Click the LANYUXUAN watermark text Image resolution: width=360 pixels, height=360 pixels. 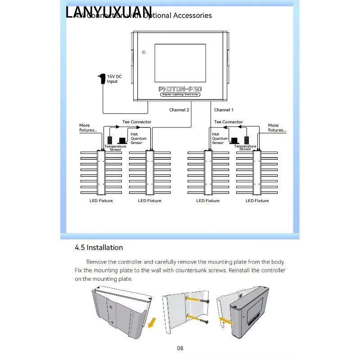pos(109,13)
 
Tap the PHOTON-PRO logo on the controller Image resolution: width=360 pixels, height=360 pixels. pos(180,89)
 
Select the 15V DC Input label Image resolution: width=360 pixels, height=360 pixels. pos(114,79)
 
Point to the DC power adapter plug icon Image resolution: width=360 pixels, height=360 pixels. pos(102,78)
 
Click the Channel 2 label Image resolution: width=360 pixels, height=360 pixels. pos(179,110)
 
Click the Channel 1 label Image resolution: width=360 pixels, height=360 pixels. pos(224,110)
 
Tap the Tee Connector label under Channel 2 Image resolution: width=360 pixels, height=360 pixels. pos(137,122)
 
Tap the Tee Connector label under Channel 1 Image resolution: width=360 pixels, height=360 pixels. pos(229,122)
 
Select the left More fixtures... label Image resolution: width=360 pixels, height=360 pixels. pos(88,128)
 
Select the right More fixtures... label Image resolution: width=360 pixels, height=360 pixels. pos(277,128)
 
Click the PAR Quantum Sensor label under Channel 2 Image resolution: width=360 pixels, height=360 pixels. pos(138,138)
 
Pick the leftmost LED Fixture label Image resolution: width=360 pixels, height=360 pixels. pos(101,201)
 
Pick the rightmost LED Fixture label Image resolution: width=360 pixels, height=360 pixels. pos(257,201)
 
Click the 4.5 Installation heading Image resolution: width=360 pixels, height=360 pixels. pos(99,247)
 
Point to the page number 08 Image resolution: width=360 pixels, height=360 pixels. pos(180,348)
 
